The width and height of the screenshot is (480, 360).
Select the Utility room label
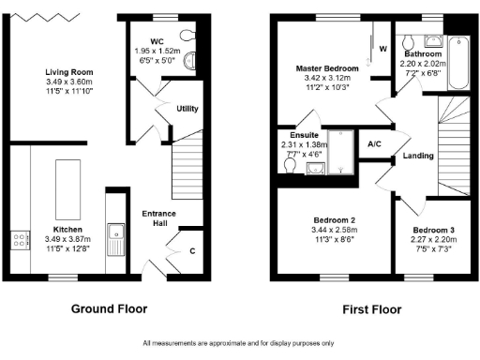[187, 109]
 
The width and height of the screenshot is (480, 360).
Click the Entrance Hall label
[158, 219]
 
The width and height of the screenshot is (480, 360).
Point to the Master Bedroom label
[326, 69]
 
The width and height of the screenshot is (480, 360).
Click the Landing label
[416, 157]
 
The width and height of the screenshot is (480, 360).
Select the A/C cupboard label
[374, 144]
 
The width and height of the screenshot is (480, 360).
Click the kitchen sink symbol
[116, 237]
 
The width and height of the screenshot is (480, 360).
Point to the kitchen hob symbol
[19, 241]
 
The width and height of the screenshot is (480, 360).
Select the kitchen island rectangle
[67, 187]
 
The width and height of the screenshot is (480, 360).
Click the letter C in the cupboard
[193, 250]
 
